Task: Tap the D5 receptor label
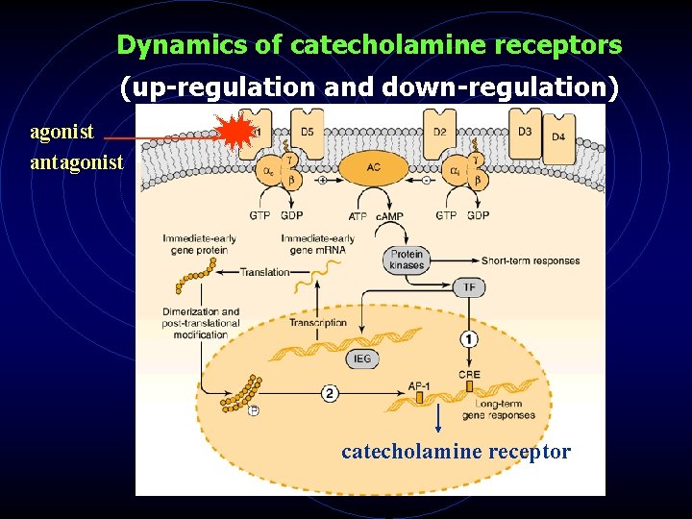(307, 132)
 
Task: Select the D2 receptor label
(439, 132)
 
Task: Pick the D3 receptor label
(525, 131)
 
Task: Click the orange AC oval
(373, 167)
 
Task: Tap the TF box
(468, 286)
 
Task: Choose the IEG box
(362, 358)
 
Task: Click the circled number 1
(468, 339)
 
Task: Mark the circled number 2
(330, 392)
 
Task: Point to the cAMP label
(389, 216)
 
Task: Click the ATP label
(358, 216)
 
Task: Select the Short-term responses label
(531, 260)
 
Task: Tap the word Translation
(265, 272)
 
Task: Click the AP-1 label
(419, 384)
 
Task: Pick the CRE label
(469, 375)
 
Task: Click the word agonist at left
(62, 132)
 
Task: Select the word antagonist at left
(77, 161)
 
